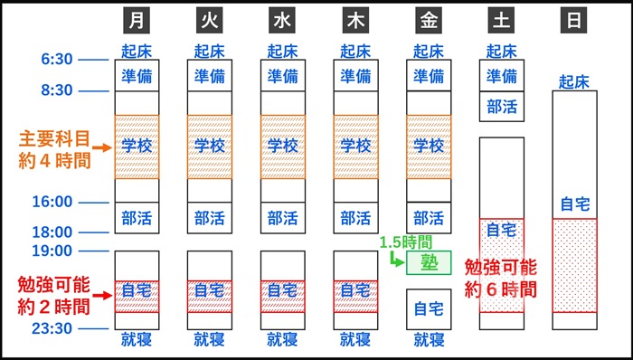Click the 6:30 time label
[57, 60]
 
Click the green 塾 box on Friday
[429, 262]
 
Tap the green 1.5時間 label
[405, 242]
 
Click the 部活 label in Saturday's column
[502, 107]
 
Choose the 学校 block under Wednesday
[283, 146]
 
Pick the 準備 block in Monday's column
[137, 76]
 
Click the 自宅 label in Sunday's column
[574, 204]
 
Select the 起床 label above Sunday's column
[574, 81]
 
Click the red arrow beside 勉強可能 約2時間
[104, 291]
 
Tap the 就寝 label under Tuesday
[210, 340]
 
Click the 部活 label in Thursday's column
[355, 217]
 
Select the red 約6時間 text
[500, 289]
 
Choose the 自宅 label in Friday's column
[429, 308]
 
